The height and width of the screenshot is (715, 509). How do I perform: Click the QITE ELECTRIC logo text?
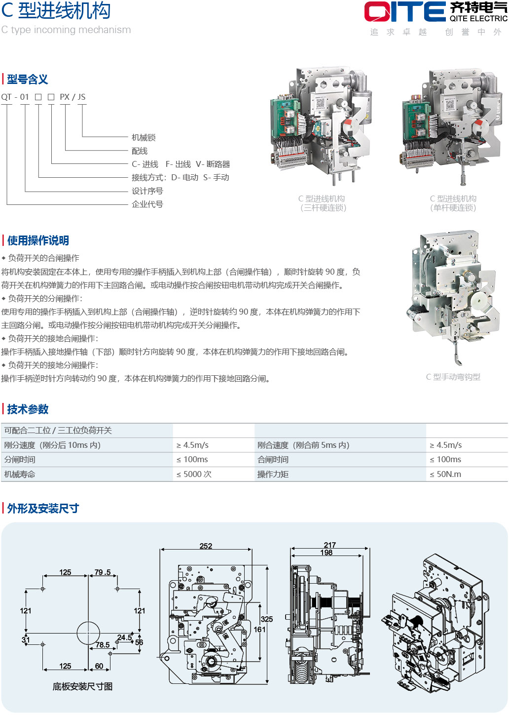478,18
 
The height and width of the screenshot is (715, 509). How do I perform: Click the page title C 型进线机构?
56,10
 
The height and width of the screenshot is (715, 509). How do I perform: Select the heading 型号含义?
27,79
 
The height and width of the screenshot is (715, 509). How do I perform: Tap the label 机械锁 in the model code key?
144,137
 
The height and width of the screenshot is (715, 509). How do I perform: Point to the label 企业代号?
147,204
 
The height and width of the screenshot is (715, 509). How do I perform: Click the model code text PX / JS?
73,97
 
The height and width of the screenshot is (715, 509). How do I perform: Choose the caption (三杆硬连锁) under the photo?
323,208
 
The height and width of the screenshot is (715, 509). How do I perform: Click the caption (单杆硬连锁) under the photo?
453,208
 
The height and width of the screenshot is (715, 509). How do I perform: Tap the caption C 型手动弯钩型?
453,377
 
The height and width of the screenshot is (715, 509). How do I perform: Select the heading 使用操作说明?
38,240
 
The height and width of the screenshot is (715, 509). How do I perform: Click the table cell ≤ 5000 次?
194,474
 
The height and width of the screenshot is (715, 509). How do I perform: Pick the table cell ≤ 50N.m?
445,474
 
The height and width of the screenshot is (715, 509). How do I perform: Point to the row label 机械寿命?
20,474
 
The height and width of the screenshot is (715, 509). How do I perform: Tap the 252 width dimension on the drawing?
206,546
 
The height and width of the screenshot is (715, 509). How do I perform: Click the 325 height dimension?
267,619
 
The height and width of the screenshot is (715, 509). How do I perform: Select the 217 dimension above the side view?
330,545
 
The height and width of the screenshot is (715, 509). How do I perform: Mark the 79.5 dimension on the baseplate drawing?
103,572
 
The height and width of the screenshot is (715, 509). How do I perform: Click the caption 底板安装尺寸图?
82,686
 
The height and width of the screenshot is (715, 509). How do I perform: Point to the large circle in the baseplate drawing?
88,633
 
